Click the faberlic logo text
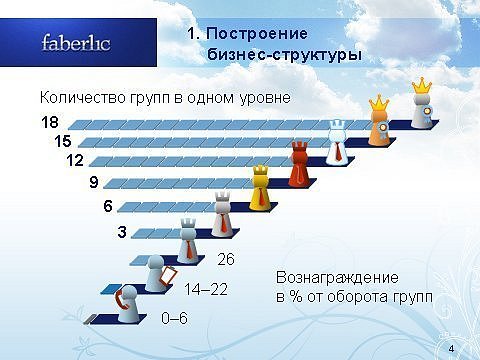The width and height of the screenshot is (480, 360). (x=76, y=43)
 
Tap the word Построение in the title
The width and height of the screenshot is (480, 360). (x=257, y=34)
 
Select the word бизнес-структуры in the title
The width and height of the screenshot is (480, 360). (x=284, y=55)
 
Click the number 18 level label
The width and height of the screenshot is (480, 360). (x=50, y=122)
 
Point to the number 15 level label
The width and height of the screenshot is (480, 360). (x=63, y=141)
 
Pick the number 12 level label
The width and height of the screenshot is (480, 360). (x=75, y=161)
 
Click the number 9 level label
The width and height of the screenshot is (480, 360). (x=94, y=182)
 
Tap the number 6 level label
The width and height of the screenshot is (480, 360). (x=108, y=206)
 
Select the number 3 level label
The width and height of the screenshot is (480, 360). (x=122, y=232)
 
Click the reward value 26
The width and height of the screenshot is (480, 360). (x=226, y=259)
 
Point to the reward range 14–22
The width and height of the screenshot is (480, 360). (x=206, y=289)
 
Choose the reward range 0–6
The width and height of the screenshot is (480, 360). (x=174, y=318)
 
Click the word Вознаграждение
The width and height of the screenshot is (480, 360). (x=337, y=278)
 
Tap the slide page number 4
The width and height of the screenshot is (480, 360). (x=452, y=349)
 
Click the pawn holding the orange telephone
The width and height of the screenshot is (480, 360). (x=127, y=304)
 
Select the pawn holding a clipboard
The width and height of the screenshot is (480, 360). (x=159, y=273)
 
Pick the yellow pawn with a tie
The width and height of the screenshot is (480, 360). (x=260, y=188)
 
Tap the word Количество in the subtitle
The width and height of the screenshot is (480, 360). (x=83, y=98)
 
